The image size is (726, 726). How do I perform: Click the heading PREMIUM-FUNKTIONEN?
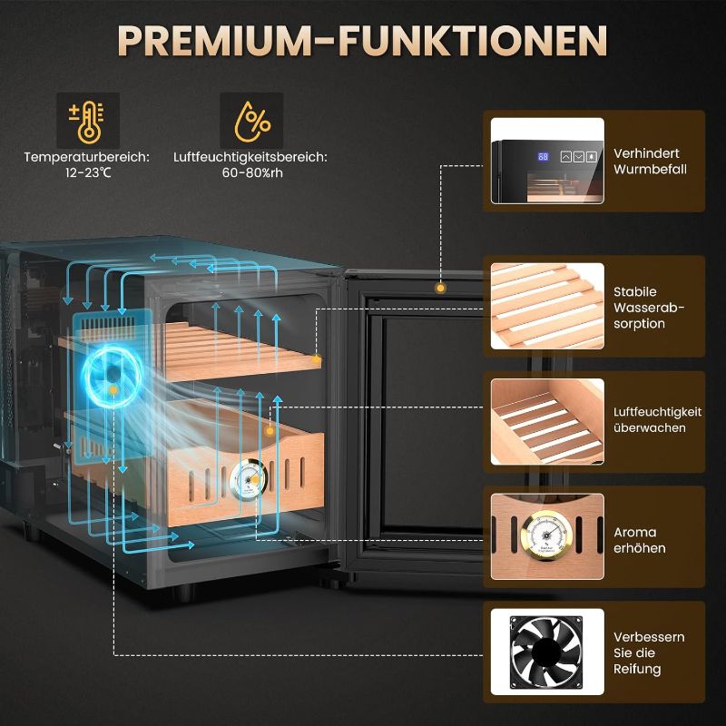click(362, 41)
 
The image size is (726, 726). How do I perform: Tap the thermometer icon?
click(88, 121)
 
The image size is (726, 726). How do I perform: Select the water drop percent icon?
click(251, 121)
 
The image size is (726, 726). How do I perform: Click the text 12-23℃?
click(88, 172)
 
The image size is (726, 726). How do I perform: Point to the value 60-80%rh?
click(252, 172)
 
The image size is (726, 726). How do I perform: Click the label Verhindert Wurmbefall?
click(650, 162)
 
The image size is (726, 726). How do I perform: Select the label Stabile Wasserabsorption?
click(649, 308)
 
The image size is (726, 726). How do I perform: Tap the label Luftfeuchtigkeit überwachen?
click(657, 420)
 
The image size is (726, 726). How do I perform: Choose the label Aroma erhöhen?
click(640, 540)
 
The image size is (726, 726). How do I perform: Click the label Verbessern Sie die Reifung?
click(649, 652)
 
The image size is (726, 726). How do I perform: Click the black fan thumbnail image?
click(547, 652)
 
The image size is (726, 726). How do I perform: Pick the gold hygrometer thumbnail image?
click(547, 536)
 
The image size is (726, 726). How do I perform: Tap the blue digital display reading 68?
click(543, 156)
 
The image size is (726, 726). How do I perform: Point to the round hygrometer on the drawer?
click(248, 479)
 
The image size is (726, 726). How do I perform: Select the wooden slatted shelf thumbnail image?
click(547, 306)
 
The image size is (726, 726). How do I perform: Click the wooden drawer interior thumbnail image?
click(547, 421)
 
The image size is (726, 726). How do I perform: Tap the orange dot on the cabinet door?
click(440, 288)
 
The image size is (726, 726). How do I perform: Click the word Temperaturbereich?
click(87, 157)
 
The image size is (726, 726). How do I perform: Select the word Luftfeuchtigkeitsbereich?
click(250, 157)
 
